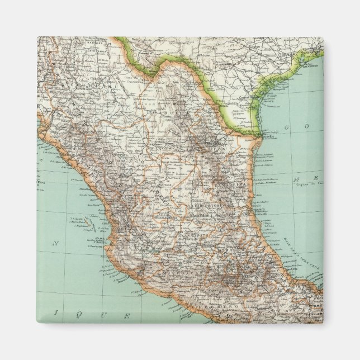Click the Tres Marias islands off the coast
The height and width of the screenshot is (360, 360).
pos(82,222)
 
